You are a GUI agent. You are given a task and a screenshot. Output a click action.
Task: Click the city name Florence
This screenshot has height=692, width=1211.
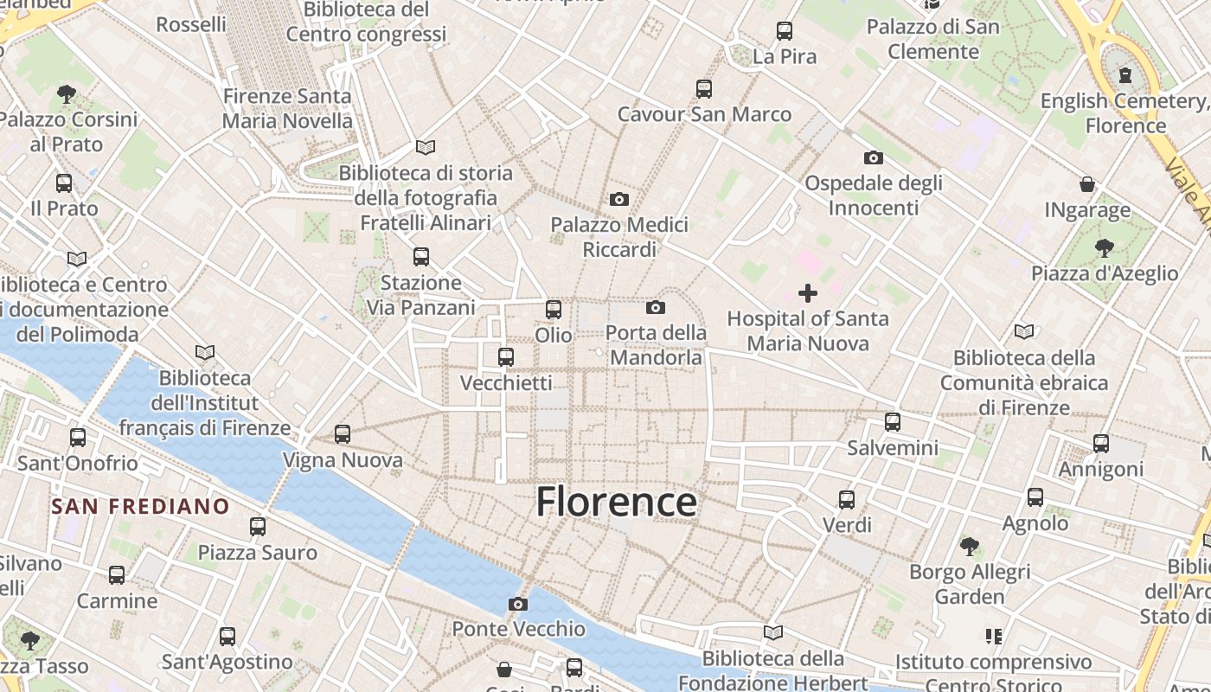[616, 502]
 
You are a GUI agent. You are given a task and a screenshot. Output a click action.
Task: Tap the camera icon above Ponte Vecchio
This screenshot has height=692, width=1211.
[518, 604]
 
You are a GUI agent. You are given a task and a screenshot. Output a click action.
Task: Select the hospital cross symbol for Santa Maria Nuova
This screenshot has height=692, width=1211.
[807, 293]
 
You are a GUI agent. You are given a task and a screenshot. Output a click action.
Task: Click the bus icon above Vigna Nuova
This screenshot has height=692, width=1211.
[343, 434]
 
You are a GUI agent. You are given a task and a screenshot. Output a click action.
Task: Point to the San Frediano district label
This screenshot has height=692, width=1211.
[140, 506]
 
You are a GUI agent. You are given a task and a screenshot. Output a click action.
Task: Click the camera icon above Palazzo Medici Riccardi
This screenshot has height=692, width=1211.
[618, 200]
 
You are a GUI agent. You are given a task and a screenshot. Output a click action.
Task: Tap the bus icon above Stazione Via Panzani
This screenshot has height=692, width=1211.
[420, 257]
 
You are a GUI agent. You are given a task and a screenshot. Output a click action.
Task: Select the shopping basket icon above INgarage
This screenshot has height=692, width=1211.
[1087, 184]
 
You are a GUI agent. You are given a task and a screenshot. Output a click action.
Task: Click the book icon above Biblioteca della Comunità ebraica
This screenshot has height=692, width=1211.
[1024, 331]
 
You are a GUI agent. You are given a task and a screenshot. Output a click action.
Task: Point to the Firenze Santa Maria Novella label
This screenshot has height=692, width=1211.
[287, 108]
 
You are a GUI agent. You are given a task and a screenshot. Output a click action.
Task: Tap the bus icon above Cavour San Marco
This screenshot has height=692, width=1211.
[703, 88]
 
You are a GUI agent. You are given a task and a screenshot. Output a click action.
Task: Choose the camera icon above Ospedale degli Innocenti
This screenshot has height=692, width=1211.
[874, 157]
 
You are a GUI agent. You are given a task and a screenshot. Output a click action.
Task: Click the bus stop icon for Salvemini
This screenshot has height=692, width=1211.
[893, 422]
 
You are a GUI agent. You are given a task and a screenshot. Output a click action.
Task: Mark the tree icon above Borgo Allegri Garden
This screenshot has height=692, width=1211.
[970, 546]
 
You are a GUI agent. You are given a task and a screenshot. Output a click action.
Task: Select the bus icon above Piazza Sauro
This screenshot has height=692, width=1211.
[257, 526]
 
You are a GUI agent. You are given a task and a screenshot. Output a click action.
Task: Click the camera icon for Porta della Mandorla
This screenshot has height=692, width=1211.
[656, 307]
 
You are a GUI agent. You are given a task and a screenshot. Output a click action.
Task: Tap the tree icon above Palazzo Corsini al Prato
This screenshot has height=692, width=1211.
[67, 93]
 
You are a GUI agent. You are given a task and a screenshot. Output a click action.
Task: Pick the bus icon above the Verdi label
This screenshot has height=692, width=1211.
[847, 499]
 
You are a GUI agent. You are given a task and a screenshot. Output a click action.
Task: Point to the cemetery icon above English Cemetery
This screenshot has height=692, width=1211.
[1125, 75]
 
